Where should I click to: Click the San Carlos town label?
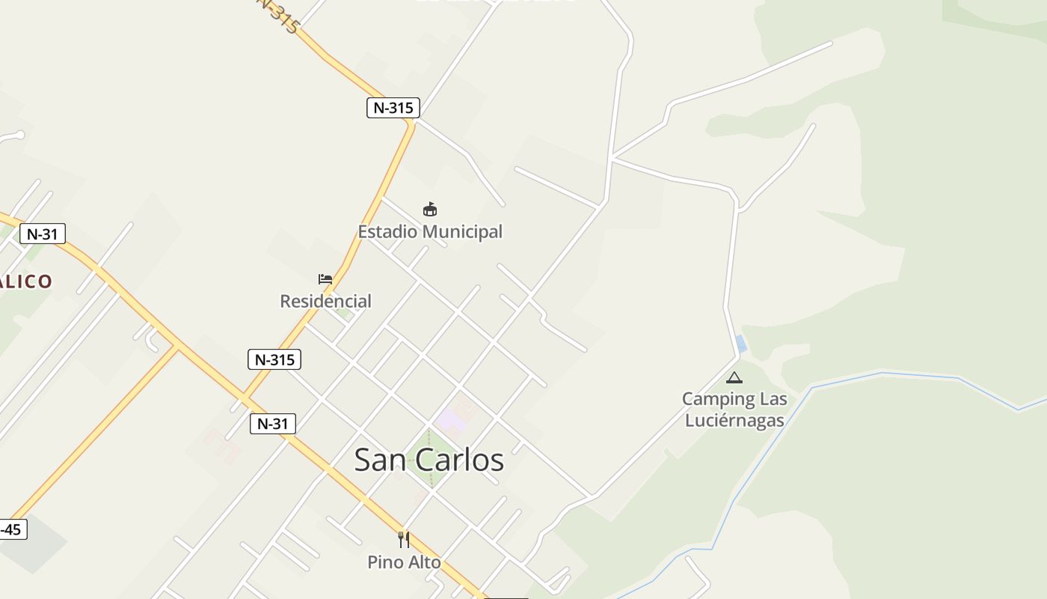click(x=429, y=460)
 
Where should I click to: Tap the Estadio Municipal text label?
click(x=430, y=232)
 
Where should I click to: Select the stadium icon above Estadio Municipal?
click(x=429, y=209)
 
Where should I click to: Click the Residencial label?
click(x=325, y=301)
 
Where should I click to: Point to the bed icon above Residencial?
click(x=325, y=279)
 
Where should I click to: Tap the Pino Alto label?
click(x=404, y=562)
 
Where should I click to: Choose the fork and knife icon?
click(x=404, y=539)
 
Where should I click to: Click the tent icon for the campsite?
click(x=734, y=377)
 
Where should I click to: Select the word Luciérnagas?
click(x=734, y=420)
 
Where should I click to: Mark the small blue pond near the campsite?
click(x=741, y=344)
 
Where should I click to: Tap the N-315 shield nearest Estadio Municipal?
click(x=393, y=108)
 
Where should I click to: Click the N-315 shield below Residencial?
click(x=274, y=359)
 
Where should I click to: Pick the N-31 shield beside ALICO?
click(x=42, y=234)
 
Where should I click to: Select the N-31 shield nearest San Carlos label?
click(x=272, y=424)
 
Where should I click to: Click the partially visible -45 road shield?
click(x=12, y=530)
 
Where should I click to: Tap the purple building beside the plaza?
click(x=451, y=420)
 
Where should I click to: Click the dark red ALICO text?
click(x=26, y=282)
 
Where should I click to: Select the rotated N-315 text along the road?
click(x=278, y=15)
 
